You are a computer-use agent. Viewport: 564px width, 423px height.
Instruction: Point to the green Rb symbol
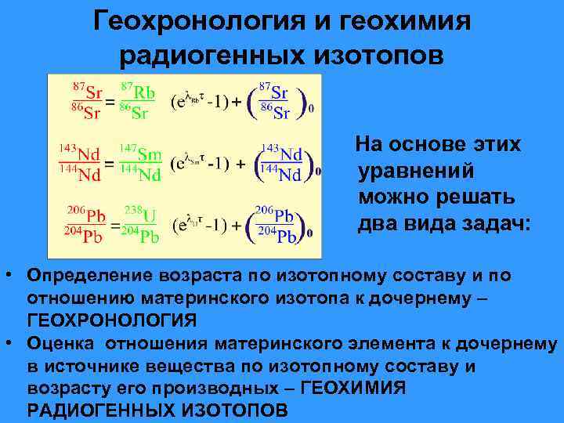point(143,93)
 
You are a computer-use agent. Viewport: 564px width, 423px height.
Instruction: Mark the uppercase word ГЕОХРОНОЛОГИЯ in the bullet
point(112,320)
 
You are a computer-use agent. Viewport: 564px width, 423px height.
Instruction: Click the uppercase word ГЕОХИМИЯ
point(353,388)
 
